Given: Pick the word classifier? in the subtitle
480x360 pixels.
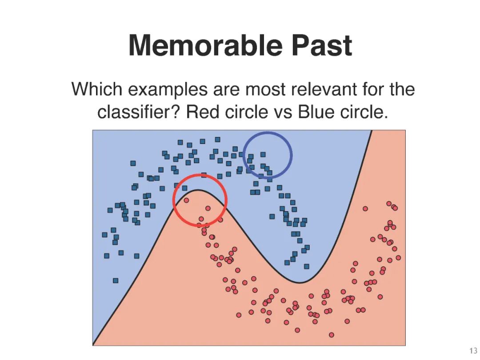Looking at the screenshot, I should click(138, 112).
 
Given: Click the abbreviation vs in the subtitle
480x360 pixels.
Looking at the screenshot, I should click(280, 112).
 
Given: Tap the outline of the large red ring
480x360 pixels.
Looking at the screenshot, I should click(173, 200).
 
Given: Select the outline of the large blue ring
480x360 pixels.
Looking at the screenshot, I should click(292, 155).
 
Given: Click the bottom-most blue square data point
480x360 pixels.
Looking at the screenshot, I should click(116, 280).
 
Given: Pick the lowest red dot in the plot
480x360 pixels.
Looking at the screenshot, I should click(331, 335).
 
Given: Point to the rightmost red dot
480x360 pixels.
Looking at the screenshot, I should click(398, 257).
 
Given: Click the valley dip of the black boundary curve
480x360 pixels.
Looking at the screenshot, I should click(300, 282).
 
